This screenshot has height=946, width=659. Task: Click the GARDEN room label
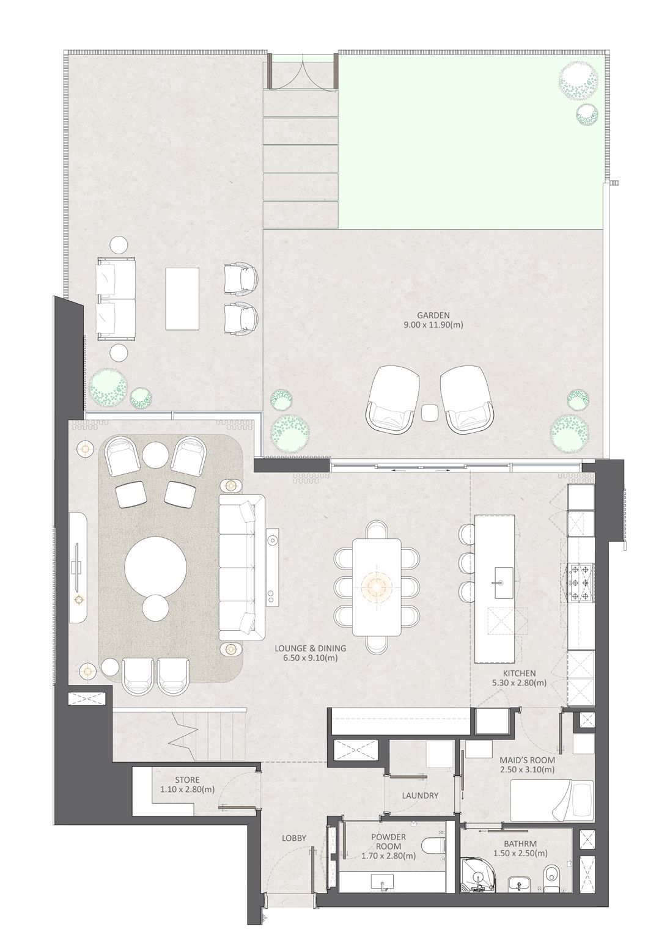433,315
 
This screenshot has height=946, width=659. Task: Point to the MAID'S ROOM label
527,760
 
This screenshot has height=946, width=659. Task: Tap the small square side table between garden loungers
430,413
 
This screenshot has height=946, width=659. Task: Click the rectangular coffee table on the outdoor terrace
182,298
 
